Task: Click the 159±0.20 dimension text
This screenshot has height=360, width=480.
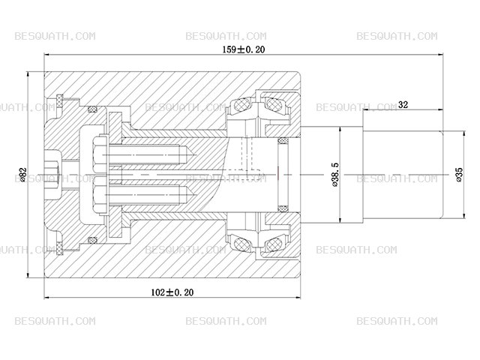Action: tap(243, 49)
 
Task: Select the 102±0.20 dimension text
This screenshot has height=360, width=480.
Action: tap(172, 292)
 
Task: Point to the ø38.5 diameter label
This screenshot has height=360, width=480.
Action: tap(335, 175)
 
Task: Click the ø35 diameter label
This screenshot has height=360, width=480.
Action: tap(459, 175)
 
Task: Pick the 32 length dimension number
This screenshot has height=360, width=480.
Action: tap(403, 105)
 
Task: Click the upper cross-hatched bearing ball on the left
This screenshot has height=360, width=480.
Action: tap(241, 105)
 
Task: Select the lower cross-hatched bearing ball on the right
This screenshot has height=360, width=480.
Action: tap(273, 244)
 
